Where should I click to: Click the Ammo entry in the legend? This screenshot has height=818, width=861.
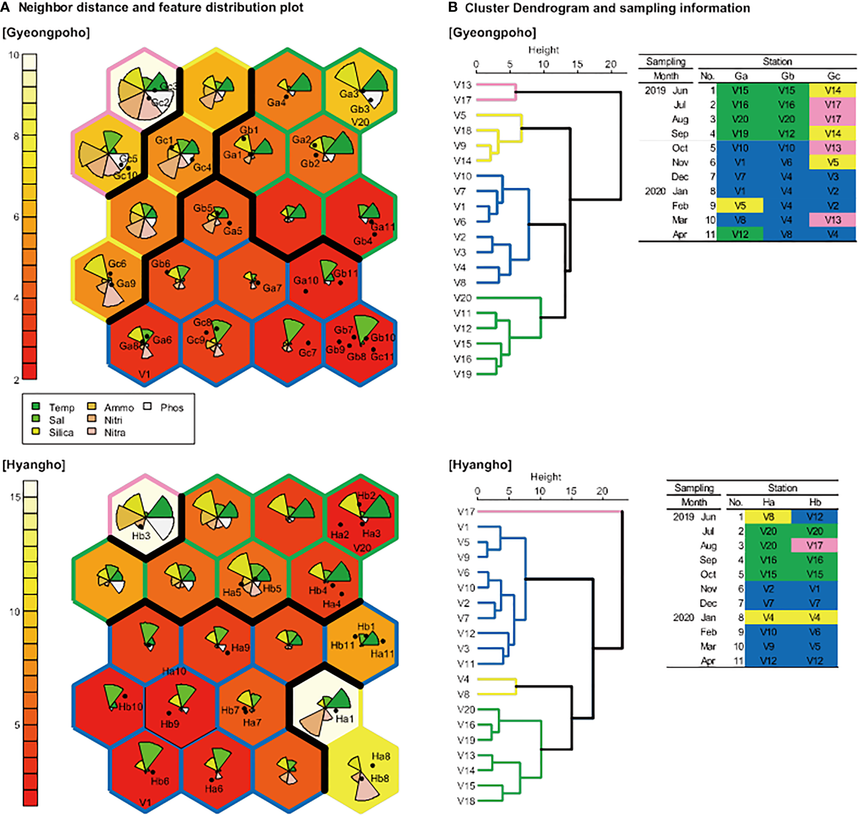(x=119, y=408)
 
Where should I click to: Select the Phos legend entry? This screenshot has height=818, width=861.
(x=172, y=408)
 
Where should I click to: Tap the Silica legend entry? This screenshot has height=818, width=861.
(x=61, y=432)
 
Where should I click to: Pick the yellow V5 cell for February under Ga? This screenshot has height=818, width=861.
(x=740, y=205)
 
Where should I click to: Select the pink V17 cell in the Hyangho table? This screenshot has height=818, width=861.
(x=814, y=545)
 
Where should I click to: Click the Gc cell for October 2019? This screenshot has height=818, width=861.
(x=832, y=148)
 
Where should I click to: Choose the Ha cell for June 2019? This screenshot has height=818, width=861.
(x=768, y=517)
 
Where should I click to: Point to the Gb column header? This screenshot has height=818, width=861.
(x=787, y=76)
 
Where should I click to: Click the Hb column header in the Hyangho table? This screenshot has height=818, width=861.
(x=815, y=502)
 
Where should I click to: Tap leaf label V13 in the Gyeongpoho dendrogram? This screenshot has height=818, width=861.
(x=463, y=85)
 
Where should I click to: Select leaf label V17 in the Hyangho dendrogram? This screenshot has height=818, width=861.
(x=466, y=511)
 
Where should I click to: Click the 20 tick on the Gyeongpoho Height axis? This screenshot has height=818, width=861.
(x=611, y=65)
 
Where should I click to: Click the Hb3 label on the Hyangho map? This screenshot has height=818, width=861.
(x=141, y=536)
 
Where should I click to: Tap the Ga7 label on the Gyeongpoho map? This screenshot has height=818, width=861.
(x=272, y=288)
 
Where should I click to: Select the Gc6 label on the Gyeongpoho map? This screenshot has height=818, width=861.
(x=117, y=264)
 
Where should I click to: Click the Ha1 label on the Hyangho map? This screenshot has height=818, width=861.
(x=344, y=719)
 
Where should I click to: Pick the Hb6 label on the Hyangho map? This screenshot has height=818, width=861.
(x=160, y=781)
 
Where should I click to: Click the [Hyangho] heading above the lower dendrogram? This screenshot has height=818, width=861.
(x=480, y=465)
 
